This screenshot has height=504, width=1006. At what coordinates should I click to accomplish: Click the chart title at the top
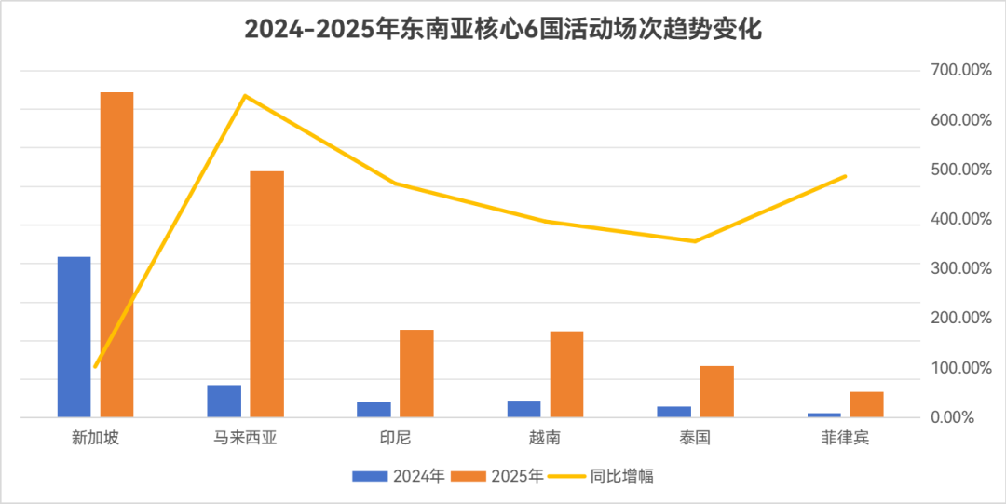pos(503,29)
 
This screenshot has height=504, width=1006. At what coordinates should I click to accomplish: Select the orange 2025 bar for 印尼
pos(416,373)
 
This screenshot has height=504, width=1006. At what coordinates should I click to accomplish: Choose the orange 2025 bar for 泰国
pos(716,390)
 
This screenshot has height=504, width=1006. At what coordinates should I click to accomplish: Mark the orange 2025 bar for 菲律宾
pos(866,403)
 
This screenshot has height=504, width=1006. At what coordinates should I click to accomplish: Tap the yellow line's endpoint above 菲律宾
pos(845,175)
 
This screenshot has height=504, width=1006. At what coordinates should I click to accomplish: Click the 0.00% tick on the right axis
pos(957,417)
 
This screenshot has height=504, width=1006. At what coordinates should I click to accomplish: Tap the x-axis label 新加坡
pos(95,437)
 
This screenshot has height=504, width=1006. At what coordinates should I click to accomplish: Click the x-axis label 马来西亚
pos(245,437)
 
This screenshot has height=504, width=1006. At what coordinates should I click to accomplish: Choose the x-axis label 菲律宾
pos(845,437)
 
